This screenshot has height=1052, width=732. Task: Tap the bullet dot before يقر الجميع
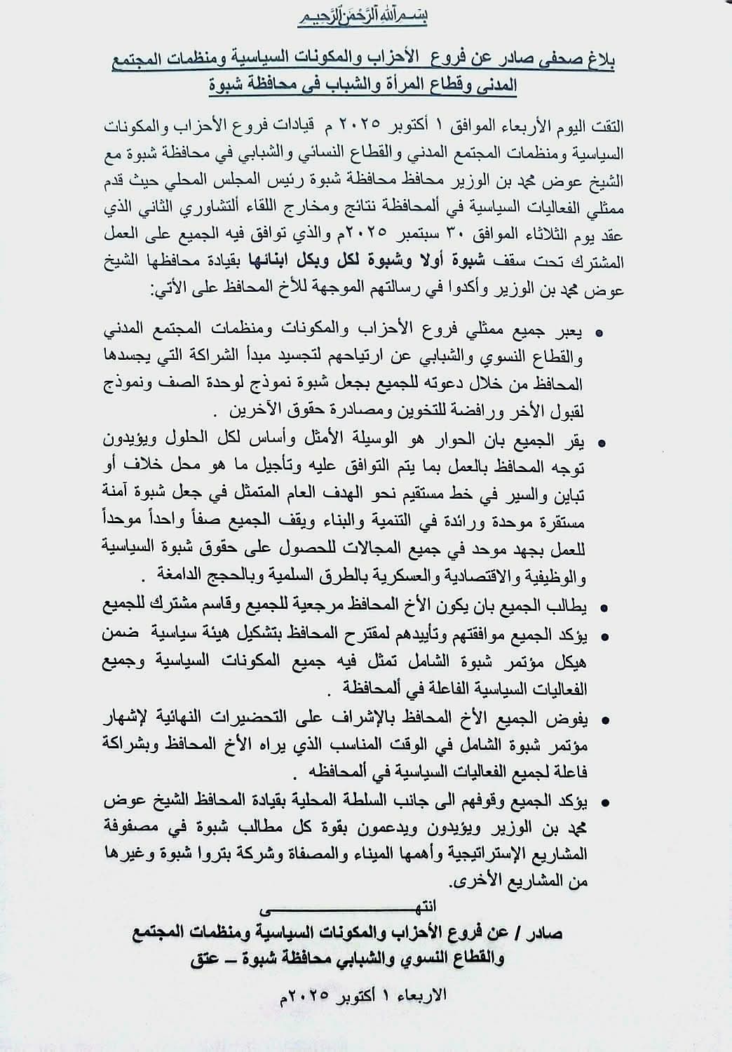pos(601,443)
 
